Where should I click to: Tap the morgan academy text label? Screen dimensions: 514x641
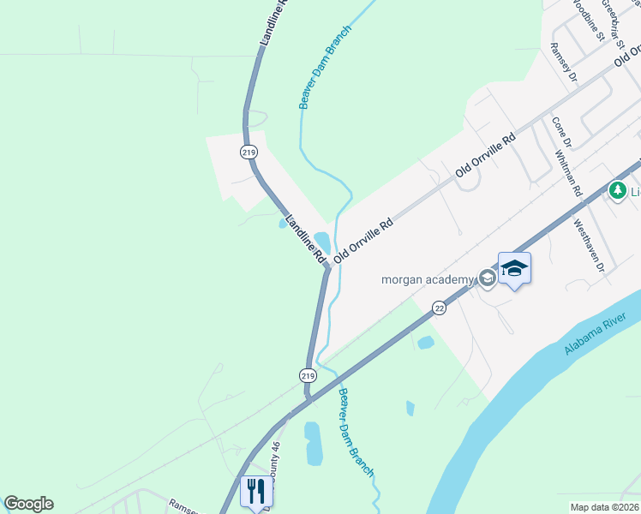click(x=428, y=279)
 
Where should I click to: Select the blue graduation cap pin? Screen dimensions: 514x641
click(x=514, y=268)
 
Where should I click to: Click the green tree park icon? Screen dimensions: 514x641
click(x=616, y=189)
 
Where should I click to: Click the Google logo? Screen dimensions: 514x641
click(x=28, y=504)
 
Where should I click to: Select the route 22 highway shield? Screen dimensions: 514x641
click(x=439, y=308)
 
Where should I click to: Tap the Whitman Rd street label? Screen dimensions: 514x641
click(x=568, y=173)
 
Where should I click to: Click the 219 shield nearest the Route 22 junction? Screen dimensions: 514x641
click(x=308, y=375)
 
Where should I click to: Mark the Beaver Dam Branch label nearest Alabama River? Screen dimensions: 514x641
click(x=356, y=433)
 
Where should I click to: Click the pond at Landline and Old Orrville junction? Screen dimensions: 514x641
click(x=322, y=240)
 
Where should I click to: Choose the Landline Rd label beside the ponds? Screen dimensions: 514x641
click(x=306, y=238)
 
